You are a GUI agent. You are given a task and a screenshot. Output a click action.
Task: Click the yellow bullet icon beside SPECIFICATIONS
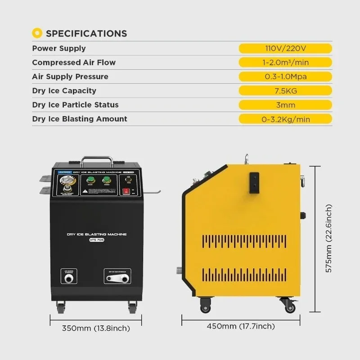pos(37,33)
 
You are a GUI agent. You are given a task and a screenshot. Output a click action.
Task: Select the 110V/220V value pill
pos(285,48)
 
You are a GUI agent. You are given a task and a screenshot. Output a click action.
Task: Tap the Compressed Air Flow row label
pos(74,63)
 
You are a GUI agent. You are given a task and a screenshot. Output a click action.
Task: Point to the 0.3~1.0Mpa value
pos(285,76)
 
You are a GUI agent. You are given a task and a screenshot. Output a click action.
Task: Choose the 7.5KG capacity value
pos(285,90)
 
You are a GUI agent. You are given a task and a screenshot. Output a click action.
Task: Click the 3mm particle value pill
pos(285,105)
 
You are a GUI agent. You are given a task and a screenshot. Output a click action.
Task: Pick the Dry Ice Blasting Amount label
pos(80,119)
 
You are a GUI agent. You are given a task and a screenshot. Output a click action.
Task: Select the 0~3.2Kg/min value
pos(285,119)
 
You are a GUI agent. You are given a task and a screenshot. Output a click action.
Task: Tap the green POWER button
pos(107,180)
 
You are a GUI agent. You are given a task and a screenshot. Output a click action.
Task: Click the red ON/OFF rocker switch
pos(127,191)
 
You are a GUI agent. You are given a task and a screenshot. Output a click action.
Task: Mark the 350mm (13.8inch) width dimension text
pos(96,328)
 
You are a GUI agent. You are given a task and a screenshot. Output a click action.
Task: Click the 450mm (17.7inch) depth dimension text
pos(241,326)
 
